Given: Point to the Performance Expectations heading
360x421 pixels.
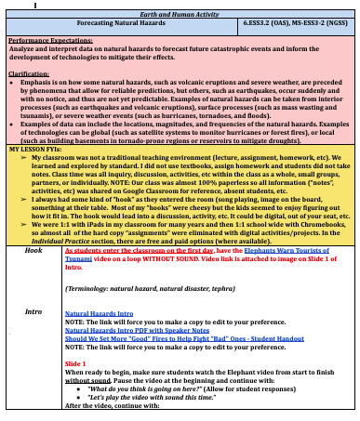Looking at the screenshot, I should point(47,39).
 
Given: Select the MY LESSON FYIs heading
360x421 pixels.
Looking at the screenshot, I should point(33,149).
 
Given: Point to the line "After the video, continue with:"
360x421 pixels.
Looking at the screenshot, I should point(108,405).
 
